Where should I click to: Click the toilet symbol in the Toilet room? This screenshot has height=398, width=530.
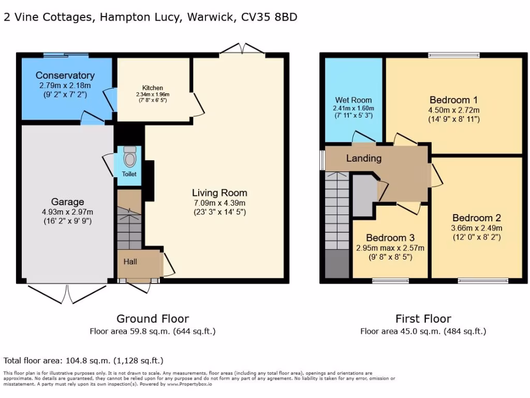click(x=129, y=156)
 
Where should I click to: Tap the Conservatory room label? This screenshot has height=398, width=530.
click(x=65, y=76)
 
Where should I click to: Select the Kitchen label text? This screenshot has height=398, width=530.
click(x=153, y=88)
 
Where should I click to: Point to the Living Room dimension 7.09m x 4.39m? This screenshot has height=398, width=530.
click(x=219, y=203)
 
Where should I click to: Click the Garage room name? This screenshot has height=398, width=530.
click(x=67, y=202)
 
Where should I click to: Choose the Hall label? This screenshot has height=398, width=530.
click(x=130, y=262)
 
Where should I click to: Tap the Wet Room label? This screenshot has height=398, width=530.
click(x=353, y=100)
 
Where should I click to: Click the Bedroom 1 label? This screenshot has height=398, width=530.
click(x=454, y=99)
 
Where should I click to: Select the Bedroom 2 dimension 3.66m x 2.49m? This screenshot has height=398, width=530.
click(x=477, y=228)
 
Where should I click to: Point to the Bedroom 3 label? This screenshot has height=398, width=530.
click(x=390, y=238)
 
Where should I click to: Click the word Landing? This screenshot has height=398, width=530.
click(x=363, y=158)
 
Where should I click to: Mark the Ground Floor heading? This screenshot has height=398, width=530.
click(x=152, y=319)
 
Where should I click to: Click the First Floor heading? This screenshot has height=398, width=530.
click(x=423, y=319)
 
